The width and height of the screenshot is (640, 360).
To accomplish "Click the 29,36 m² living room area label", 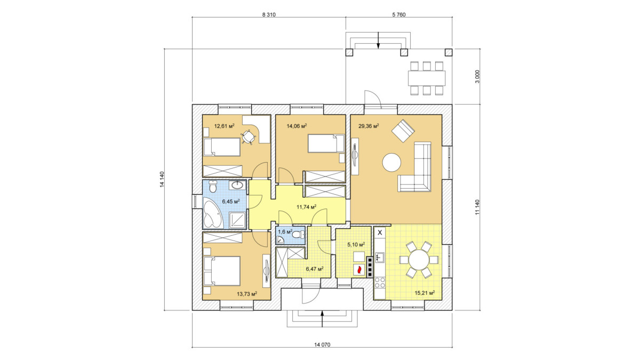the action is point(369,126).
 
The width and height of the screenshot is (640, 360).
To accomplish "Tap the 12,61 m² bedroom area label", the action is point(225,126).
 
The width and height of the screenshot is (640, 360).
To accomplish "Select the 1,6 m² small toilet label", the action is point(285,231).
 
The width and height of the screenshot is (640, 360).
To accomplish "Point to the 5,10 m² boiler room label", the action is point(356,245).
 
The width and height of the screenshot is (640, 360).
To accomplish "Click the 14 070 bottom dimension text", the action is point(322,345).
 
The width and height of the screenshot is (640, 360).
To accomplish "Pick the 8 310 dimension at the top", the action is point(269,15).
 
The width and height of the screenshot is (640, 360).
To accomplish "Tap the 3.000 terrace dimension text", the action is point(477,76).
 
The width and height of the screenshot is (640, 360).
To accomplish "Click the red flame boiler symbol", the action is point(359,269).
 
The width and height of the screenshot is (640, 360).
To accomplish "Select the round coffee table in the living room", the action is point(391,162).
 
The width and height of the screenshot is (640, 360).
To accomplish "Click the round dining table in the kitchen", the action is point(419,260).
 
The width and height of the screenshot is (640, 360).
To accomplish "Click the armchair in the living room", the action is point(403,131).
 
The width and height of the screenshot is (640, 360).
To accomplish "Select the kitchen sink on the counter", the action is point(380,257).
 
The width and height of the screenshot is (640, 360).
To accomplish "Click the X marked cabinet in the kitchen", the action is point(380,233).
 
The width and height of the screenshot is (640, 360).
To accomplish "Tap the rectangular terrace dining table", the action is point(427,78).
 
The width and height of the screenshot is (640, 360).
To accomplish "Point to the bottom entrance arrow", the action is point(322,319).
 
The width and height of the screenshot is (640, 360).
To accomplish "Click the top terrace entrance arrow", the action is point(378,41).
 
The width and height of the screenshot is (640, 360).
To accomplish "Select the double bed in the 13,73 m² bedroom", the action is point(222,271).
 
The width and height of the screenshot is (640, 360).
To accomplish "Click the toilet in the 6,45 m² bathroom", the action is point(213,186).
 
